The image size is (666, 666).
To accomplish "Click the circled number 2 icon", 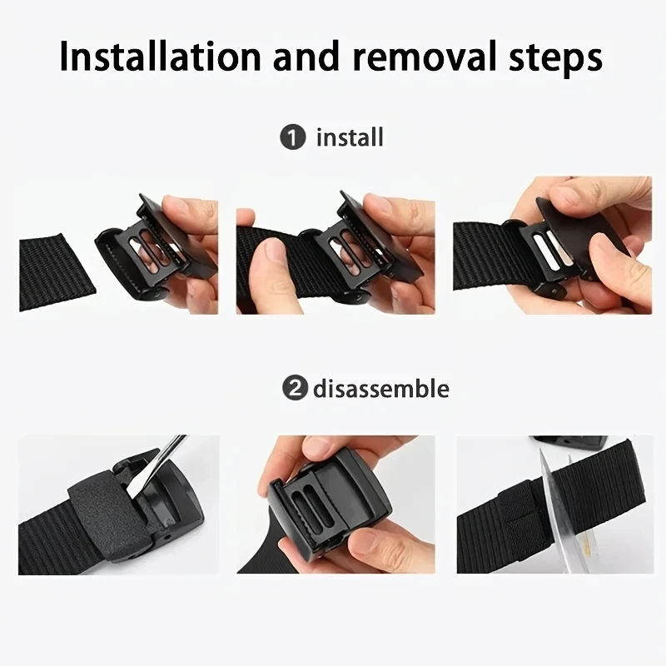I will [x=292, y=389].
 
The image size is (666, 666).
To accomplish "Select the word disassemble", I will [x=381, y=389].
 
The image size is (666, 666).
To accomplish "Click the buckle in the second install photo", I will [x=350, y=250].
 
